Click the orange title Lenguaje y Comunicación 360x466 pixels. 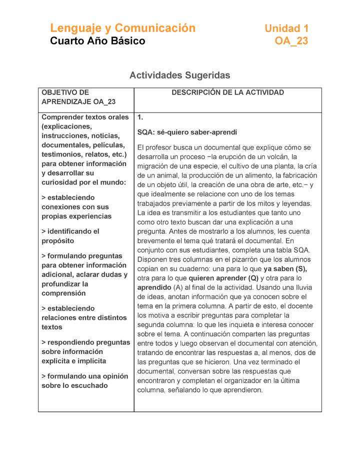point(122,28)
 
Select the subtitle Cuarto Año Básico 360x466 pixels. point(97,41)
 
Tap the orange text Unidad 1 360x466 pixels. point(286,28)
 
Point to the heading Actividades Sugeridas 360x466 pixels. point(179,75)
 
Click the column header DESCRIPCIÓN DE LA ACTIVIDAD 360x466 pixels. point(227,92)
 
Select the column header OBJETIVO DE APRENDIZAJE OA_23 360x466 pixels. point(78,97)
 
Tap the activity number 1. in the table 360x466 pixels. point(140,117)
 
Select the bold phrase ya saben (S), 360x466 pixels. point(285,269)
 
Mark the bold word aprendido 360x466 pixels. point(154,287)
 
